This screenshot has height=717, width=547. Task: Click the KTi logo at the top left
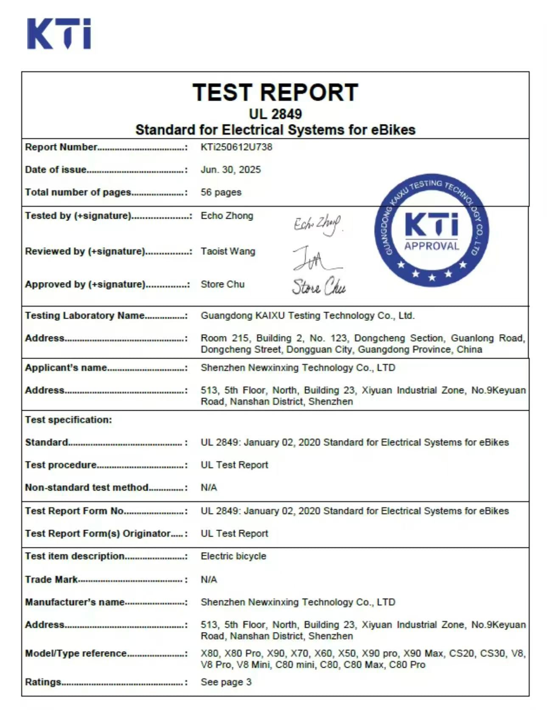click(x=59, y=34)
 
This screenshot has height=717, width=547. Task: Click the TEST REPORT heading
click(x=275, y=93)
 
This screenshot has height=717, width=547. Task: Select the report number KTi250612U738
click(x=236, y=147)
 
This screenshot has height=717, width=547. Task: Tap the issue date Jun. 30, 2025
click(x=230, y=170)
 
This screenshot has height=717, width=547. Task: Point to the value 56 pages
click(x=221, y=192)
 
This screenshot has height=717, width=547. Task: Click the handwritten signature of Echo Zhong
click(x=317, y=224)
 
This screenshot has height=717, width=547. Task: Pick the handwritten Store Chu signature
click(x=318, y=287)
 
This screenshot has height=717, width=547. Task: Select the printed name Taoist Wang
click(x=228, y=251)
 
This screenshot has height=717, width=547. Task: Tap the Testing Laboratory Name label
click(x=84, y=316)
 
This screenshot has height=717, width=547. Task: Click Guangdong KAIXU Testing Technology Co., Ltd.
click(x=307, y=316)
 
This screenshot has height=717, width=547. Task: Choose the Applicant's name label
click(x=66, y=368)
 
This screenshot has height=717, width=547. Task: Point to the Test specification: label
click(x=68, y=420)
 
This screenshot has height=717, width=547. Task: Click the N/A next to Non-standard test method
click(x=208, y=488)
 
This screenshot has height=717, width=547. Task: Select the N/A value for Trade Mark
click(x=208, y=580)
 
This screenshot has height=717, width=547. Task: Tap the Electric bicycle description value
click(x=233, y=556)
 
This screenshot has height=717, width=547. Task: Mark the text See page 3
click(x=226, y=682)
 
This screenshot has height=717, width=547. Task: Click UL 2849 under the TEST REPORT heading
click(x=275, y=114)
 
